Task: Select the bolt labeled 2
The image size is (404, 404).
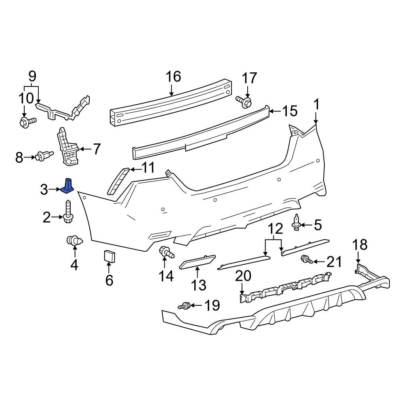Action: coord(67,214)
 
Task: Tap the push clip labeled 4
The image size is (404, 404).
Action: coord(74,241)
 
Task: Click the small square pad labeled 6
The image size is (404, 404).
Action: coord(109,256)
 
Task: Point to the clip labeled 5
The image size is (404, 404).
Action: coord(297,223)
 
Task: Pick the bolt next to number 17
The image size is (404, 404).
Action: coord(244,101)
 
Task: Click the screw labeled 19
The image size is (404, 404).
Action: coord(185,306)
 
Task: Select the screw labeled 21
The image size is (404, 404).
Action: coord(306,260)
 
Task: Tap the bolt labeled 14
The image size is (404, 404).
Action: coord(166,253)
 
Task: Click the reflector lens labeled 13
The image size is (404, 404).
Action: coord(197,262)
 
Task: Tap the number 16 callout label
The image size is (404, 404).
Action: coord(173,77)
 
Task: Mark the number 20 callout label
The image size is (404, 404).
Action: coord(243,276)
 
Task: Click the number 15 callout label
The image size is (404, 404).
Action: coord(289,111)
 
